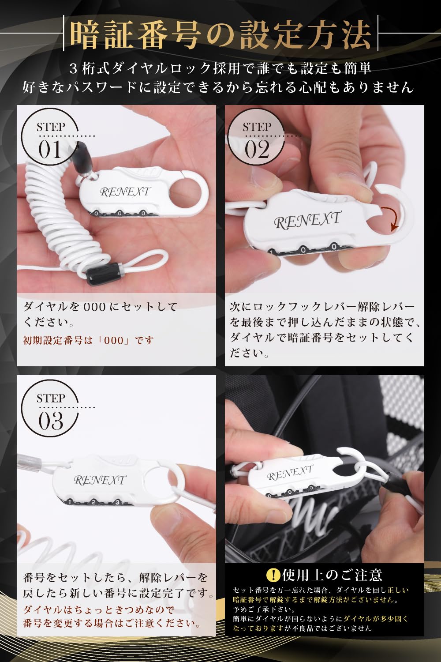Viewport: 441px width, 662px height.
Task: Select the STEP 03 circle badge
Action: click(x=50, y=411)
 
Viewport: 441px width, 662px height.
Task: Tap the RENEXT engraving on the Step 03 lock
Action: click(x=100, y=480)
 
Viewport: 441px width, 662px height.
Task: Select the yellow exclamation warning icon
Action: click(x=273, y=575)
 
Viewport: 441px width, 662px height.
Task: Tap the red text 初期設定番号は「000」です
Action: click(x=89, y=340)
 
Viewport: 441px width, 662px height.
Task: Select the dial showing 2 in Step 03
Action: click(x=93, y=502)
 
